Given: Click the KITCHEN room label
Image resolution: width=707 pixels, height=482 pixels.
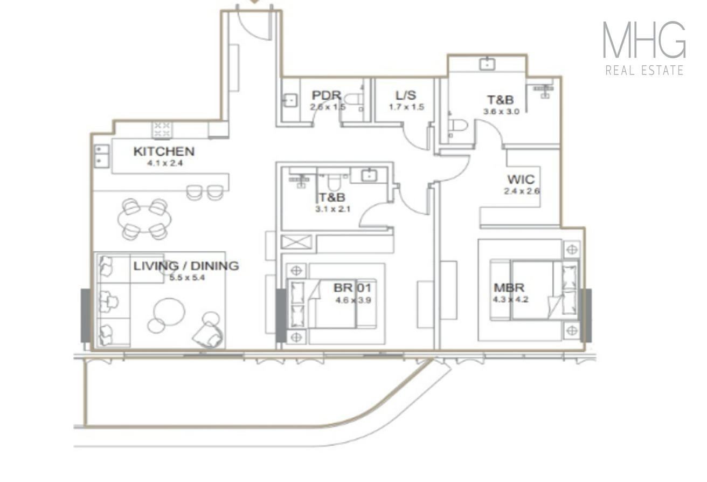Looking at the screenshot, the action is pos(164,152).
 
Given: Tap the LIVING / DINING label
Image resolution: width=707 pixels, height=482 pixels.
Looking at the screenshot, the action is pos(186,266).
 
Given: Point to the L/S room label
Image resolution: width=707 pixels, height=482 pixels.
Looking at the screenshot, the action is pos(406,95).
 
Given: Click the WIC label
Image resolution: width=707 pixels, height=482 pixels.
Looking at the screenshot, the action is pos(521,180).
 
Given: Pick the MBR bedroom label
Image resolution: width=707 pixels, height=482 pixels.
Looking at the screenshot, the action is pos(509,287).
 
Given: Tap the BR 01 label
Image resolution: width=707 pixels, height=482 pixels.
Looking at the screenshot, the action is pos(352,288).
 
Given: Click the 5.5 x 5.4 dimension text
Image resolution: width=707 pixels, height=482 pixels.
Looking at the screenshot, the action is pos(187,278).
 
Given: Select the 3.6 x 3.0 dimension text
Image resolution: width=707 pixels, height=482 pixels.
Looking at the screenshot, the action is pos(501,112).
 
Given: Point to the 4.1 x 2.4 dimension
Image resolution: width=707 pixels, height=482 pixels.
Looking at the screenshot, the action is pos(165,163).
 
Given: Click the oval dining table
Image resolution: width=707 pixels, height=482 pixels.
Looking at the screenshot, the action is pos(144,219).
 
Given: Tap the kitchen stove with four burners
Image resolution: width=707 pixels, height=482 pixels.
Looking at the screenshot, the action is pos(162,129).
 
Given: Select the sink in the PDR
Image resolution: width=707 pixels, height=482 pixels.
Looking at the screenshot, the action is pos(290,100).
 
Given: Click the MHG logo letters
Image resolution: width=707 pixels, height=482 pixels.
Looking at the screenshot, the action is pos(644,40).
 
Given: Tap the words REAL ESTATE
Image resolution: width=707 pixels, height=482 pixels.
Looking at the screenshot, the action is pos(644,70).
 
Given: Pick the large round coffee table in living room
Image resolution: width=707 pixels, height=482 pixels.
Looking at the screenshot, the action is pos(169,312).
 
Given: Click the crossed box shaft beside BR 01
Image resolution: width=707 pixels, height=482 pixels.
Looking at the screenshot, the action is pos(296,242).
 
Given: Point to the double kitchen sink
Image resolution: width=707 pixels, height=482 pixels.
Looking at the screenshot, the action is pos(102,156).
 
